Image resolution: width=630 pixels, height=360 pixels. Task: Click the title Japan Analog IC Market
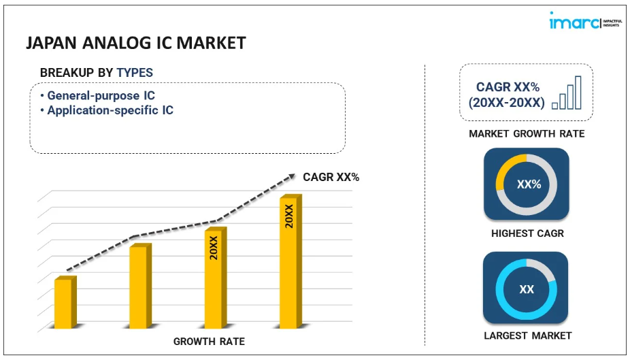click(x=135, y=43)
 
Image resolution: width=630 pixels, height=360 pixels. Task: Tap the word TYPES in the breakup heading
click(x=135, y=72)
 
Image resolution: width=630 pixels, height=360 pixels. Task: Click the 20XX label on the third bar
click(x=214, y=248)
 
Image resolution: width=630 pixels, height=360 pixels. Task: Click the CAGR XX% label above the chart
click(x=331, y=177)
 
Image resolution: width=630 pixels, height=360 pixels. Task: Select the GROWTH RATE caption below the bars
click(x=209, y=341)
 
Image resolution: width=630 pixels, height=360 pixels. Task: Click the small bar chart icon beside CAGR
click(x=567, y=93)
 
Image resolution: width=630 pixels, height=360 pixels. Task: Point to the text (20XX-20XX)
click(x=506, y=103)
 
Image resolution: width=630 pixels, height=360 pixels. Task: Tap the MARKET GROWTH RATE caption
click(x=527, y=133)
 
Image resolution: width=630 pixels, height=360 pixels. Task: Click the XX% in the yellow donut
click(x=527, y=184)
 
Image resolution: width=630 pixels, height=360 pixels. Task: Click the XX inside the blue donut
click(x=527, y=289)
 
